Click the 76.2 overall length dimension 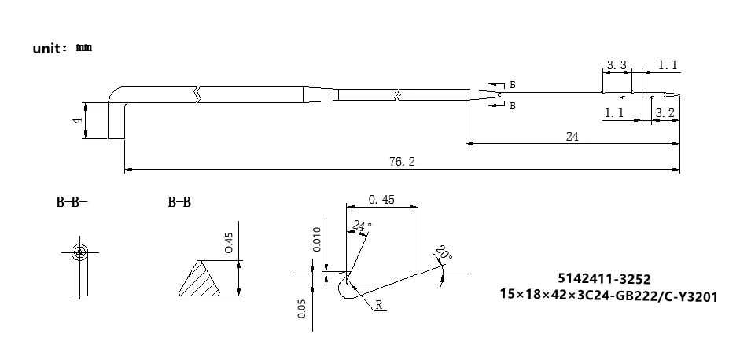point(402,162)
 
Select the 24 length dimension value point(572,137)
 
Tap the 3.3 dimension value point(617,65)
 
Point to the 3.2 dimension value point(665,113)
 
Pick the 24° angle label point(362,226)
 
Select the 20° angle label point(444,255)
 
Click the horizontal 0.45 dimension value point(381,200)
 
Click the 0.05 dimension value point(303,309)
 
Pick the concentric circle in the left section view point(80,252)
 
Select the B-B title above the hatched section point(179,203)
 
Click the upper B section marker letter point(513,84)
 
